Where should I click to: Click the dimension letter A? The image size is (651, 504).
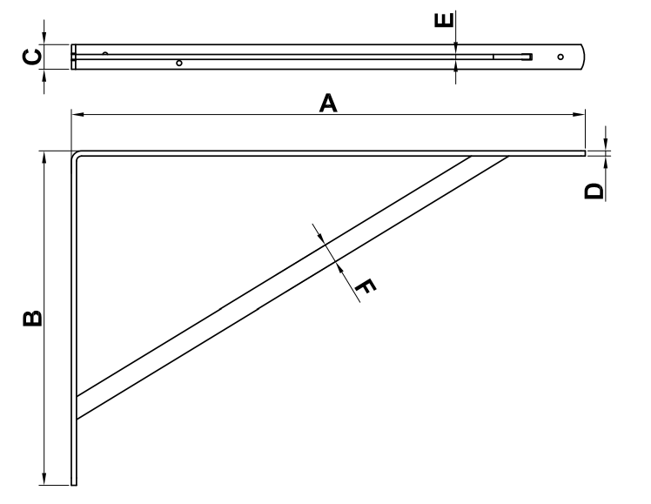pyautogui.click(x=328, y=104)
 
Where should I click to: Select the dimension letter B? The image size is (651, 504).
pyautogui.click(x=32, y=318)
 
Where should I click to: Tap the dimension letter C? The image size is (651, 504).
pyautogui.click(x=31, y=57)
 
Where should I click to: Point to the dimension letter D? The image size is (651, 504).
pyautogui.click(x=594, y=191)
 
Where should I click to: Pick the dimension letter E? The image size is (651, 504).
pyautogui.click(x=444, y=20)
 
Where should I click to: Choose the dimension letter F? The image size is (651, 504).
pyautogui.click(x=366, y=286)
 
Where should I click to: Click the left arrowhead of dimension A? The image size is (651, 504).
pyautogui.click(x=77, y=114)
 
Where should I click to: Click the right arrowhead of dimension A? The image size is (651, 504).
pyautogui.click(x=579, y=114)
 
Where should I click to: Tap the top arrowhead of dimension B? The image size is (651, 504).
pyautogui.click(x=44, y=158)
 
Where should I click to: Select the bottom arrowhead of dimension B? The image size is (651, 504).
pyautogui.click(x=44, y=478)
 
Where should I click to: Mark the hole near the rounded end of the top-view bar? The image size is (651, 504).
pyautogui.click(x=560, y=57)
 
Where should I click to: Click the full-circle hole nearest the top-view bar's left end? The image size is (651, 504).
pyautogui.click(x=179, y=63)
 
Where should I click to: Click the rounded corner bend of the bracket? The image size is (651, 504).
pyautogui.click(x=75, y=154)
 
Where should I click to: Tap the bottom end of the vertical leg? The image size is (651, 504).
pyautogui.click(x=74, y=484)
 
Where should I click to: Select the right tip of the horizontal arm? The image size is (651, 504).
pyautogui.click(x=585, y=153)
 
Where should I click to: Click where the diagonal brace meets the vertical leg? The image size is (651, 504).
pyautogui.click(x=77, y=407)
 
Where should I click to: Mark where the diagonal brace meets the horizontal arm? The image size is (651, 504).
pyautogui.click(x=490, y=157)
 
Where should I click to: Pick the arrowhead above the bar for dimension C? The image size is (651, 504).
pyautogui.click(x=44, y=38)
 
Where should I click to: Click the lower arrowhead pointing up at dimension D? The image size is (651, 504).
pyautogui.click(x=606, y=163)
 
